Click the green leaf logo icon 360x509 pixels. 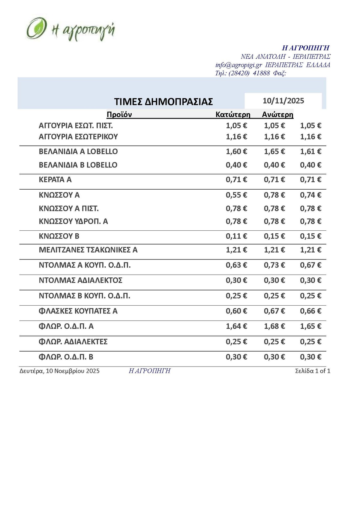coord(36,28)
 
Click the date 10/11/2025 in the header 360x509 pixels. coord(283,101)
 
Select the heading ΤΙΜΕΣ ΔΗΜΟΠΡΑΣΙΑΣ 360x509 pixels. coord(163,102)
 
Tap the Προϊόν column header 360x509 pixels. coord(119,115)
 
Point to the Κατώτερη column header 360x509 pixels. coord(233,115)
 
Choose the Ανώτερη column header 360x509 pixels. coord(277,115)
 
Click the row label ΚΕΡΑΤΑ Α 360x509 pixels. coord(55,180)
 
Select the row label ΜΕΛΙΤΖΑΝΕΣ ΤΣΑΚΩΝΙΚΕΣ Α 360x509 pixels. coord(88,250)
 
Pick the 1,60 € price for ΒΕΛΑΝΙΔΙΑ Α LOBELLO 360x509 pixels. coord(236,151)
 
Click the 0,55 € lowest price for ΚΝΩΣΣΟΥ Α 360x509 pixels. coord(236,195)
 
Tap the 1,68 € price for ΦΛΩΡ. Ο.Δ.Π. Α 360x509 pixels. coord(274,326)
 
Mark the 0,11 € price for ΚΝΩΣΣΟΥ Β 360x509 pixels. coord(236,236)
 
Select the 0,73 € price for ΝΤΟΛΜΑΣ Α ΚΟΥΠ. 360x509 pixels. coord(274,265)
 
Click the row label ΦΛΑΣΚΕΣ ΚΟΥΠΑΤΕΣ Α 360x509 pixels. coord(78,311)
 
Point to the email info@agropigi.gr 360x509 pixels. coord(239,65)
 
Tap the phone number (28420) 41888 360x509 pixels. coord(249,73)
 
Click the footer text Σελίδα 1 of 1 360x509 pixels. coord(313,371)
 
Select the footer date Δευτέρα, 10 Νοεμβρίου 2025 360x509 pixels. coord(59,371)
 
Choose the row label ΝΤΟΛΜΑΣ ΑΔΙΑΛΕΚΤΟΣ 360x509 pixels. coord(81,280)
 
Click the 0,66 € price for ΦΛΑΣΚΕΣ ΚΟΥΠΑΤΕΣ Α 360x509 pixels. coord(310,311)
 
